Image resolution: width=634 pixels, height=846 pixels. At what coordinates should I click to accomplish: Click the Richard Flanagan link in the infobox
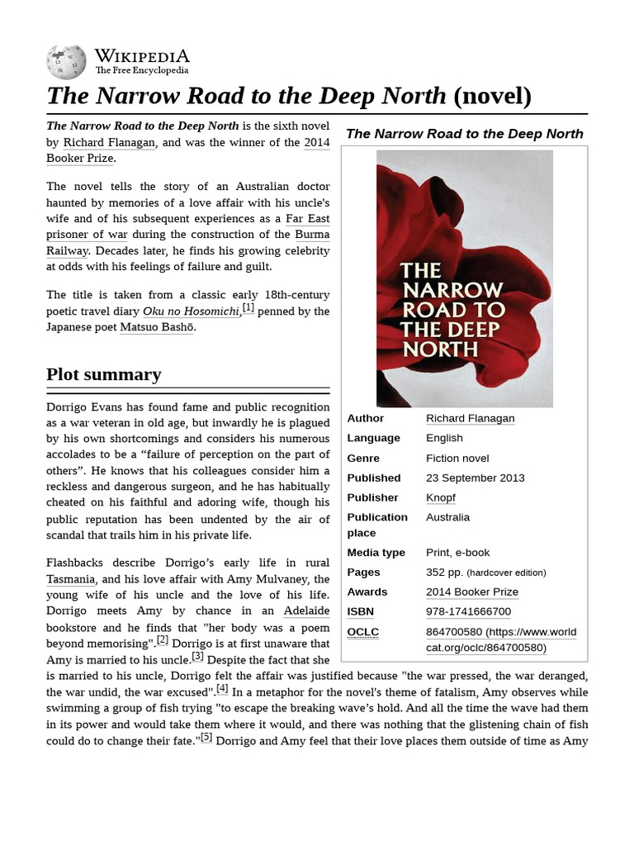tap(470, 418)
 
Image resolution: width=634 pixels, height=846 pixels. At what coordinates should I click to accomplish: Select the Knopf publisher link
tap(440, 497)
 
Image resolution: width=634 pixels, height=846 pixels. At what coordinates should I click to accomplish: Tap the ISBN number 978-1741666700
tap(468, 611)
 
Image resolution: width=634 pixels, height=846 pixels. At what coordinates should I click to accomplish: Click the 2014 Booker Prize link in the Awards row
tap(472, 592)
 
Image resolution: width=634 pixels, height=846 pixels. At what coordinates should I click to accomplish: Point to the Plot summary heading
tap(104, 374)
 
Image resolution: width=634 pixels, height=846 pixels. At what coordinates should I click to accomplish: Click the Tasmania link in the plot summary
tap(71, 580)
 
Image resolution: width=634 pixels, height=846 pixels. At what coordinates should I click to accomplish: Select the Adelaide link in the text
tap(306, 611)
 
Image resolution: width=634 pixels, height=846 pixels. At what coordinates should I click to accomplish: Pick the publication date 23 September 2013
tap(475, 478)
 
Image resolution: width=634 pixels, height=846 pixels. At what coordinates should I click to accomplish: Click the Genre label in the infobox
tap(363, 458)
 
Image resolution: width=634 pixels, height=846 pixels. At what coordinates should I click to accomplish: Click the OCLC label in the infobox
tap(362, 632)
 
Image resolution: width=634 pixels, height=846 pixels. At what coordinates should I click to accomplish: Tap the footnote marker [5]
tap(206, 737)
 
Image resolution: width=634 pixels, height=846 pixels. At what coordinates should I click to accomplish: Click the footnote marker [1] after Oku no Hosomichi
tap(248, 308)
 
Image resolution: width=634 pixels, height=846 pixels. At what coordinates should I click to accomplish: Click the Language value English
tap(444, 438)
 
